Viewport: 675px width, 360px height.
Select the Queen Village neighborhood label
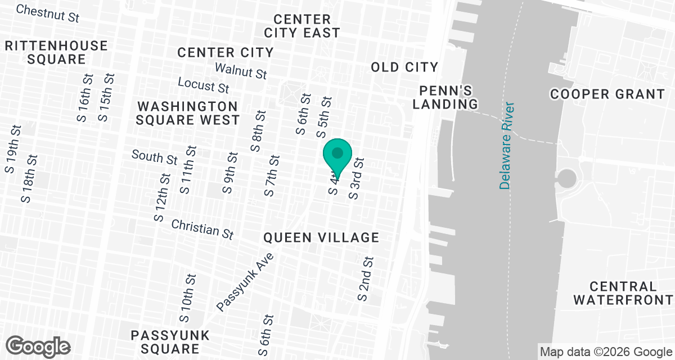pyautogui.click(x=321, y=238)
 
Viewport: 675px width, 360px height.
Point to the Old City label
pyautogui.click(x=404, y=67)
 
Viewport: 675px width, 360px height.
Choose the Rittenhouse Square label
pyautogui.click(x=56, y=52)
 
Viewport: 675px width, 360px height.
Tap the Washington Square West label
pyautogui.click(x=188, y=112)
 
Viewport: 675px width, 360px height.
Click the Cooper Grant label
pyautogui.click(x=607, y=94)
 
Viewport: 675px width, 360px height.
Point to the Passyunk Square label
pyautogui.click(x=170, y=342)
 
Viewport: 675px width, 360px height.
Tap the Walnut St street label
pyautogui.click(x=241, y=71)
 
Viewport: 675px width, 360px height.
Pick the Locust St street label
pyautogui.click(x=203, y=84)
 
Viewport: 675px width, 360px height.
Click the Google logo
pyautogui.click(x=38, y=346)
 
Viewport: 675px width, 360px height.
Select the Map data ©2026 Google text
pyautogui.click(x=606, y=352)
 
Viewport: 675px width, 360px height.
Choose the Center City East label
pyautogui.click(x=302, y=26)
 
